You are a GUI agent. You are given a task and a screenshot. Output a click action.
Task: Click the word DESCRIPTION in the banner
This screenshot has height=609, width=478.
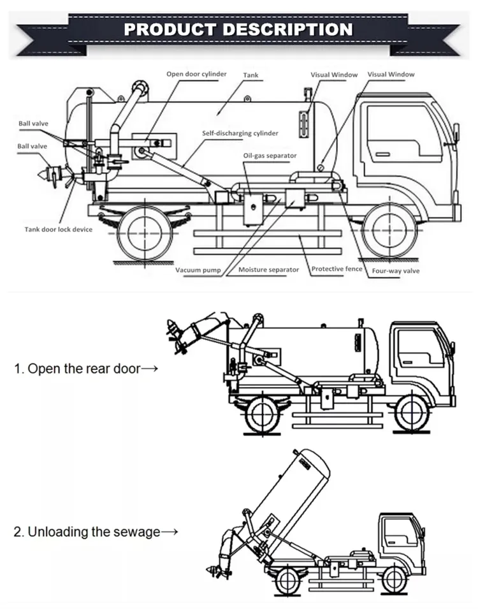[288, 29]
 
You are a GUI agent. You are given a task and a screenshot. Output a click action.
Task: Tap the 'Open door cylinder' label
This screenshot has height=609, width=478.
[196, 74]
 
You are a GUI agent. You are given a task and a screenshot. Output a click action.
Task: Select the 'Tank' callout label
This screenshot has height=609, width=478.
[251, 75]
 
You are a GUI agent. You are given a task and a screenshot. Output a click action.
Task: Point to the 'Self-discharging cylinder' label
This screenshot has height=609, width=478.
[240, 133]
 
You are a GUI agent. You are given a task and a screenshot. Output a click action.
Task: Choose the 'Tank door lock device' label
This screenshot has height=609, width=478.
[59, 229]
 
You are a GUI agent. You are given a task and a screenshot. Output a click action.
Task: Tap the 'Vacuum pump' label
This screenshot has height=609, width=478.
[198, 270]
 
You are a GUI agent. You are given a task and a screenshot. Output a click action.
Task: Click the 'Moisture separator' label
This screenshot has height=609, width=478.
[268, 270]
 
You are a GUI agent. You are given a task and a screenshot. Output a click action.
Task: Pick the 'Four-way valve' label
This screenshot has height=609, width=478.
[396, 270]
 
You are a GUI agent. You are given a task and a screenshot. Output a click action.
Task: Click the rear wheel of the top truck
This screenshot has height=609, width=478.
[145, 231]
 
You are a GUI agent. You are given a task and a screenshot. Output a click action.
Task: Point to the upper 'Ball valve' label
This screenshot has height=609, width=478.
[33, 124]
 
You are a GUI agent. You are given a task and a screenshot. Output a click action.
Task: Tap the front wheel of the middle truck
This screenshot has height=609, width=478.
[410, 414]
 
